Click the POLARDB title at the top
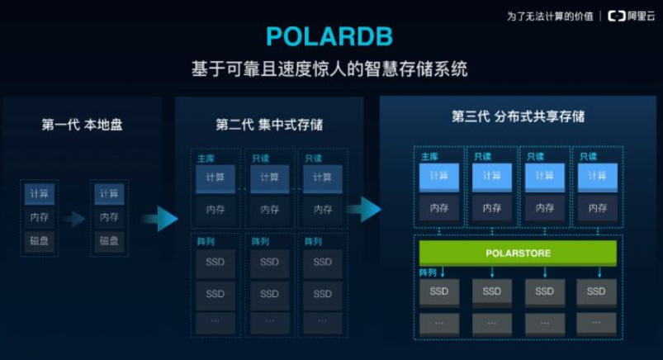pos(329,36)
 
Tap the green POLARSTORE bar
pos(518,252)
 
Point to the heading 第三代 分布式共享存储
pos(518,116)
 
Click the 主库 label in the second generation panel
pos(206,159)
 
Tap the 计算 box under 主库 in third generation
pos(438,177)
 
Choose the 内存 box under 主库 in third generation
pos(438,208)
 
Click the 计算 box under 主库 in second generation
pos(215,178)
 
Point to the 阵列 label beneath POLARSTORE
pos(428,272)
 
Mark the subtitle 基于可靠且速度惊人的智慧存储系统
pos(329,69)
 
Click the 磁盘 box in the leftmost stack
pos(39,240)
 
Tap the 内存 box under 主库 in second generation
pos(215,210)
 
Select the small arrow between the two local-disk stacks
pos(74,218)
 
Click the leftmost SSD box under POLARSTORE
pos(438,291)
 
